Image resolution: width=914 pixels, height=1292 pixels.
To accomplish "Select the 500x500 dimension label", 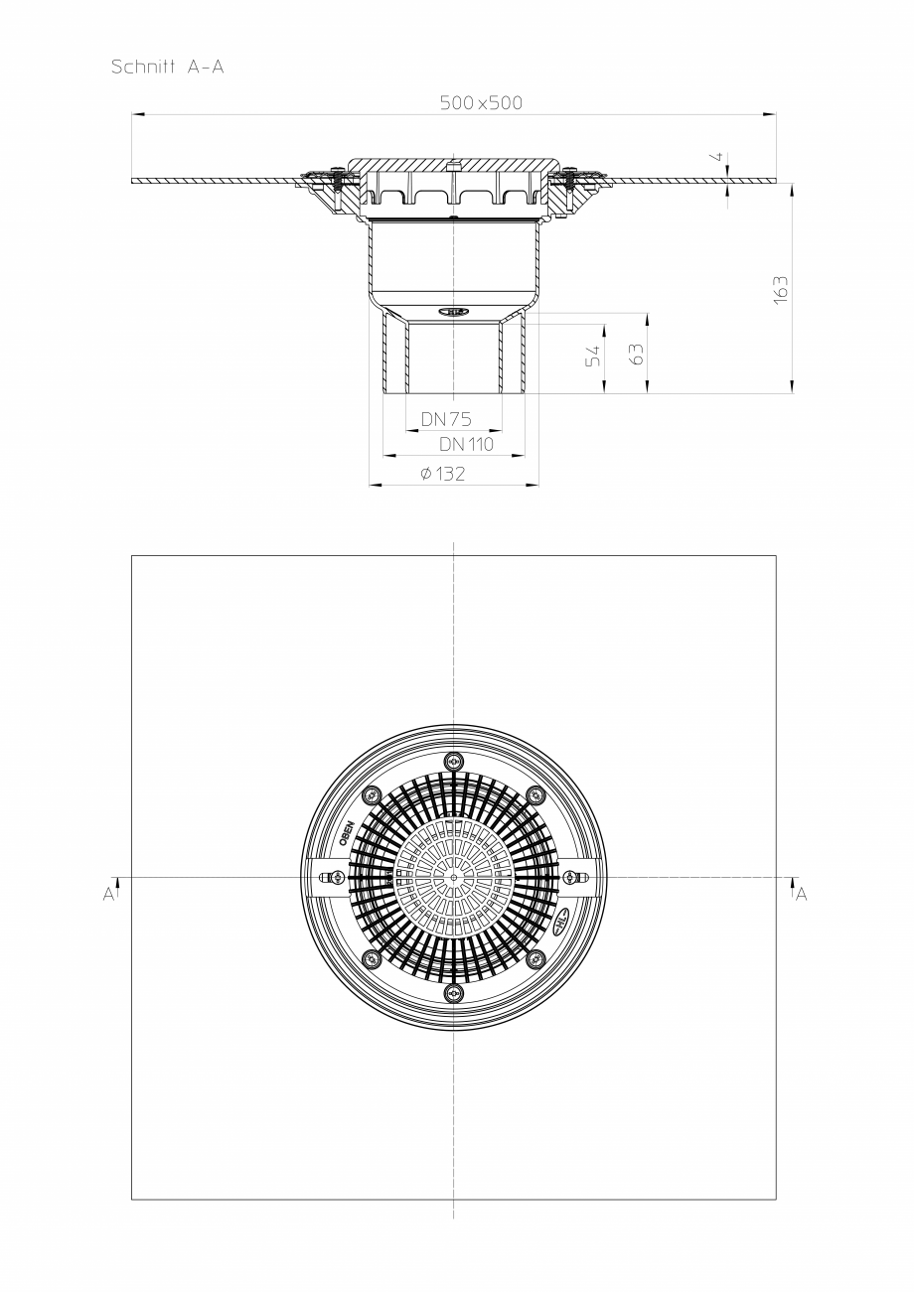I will [482, 103].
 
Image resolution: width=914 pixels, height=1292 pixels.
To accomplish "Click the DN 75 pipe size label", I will [446, 419].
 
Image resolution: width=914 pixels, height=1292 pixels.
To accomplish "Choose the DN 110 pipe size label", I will [466, 444].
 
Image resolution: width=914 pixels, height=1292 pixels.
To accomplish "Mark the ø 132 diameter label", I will [443, 475].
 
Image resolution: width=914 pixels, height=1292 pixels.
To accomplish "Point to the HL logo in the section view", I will [454, 311].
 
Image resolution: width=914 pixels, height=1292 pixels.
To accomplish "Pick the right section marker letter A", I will [801, 895].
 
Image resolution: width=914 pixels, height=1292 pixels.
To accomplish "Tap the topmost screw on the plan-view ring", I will [454, 762].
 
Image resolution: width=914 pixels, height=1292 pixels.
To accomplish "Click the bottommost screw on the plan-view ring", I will [454, 993].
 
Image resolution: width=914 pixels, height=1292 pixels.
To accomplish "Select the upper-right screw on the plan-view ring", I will [536, 794].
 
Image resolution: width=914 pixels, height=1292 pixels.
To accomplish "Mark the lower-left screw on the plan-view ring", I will [372, 959].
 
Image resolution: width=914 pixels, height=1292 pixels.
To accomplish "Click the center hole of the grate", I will [454, 877].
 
